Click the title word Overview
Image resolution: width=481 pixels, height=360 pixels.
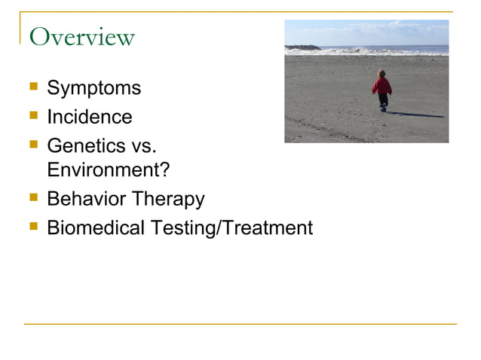(81, 37)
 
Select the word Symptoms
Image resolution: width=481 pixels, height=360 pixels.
(93, 88)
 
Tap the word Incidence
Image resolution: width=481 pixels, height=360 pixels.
(89, 117)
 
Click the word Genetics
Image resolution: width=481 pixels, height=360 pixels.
(85, 145)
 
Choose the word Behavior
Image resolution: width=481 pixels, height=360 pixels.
(87, 200)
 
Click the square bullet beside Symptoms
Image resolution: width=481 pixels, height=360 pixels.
(33, 87)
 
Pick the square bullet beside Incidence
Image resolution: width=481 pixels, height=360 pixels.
(33, 116)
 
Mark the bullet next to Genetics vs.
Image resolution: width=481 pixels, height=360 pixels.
(33, 144)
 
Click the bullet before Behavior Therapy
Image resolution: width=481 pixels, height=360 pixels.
(33, 198)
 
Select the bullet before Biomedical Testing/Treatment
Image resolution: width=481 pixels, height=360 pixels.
(33, 226)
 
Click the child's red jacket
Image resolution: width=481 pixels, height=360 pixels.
(382, 86)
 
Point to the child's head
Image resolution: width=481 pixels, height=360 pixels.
(381, 75)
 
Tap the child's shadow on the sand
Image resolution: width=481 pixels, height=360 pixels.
(415, 114)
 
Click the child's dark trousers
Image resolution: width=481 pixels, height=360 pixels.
(383, 100)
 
